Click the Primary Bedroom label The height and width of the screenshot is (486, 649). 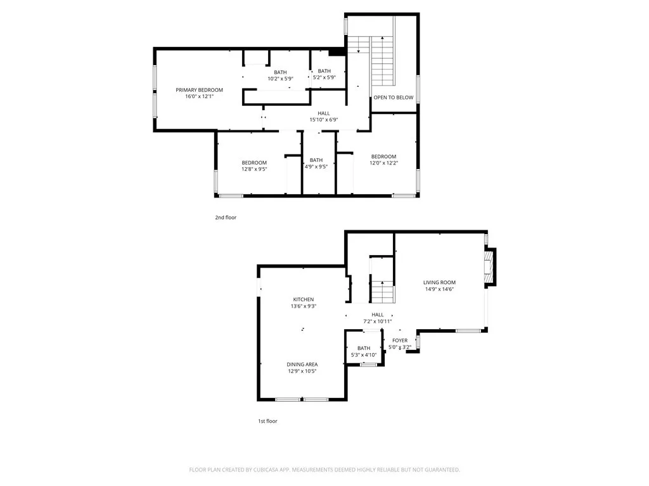(199, 90)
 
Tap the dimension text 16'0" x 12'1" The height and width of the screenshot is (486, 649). (199, 97)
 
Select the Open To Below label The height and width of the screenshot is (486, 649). (393, 97)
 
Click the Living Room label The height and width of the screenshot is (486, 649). (439, 282)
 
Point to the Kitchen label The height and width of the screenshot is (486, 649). (303, 299)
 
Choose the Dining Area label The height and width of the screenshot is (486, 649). (302, 364)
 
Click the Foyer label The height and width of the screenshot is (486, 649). (400, 340)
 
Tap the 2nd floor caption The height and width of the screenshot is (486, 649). (226, 217)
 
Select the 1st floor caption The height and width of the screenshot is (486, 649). (267, 421)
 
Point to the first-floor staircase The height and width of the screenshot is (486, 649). (383, 291)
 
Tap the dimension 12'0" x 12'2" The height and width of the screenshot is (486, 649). (383, 163)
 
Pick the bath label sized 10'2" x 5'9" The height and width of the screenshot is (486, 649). (280, 78)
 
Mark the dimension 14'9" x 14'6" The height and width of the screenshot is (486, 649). (439, 289)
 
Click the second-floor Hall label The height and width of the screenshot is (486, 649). (323, 113)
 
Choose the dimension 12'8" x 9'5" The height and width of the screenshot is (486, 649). (254, 169)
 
